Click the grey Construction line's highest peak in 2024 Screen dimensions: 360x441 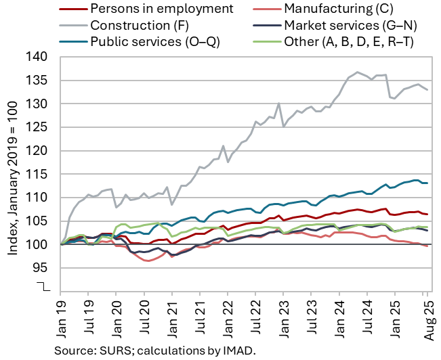357,72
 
